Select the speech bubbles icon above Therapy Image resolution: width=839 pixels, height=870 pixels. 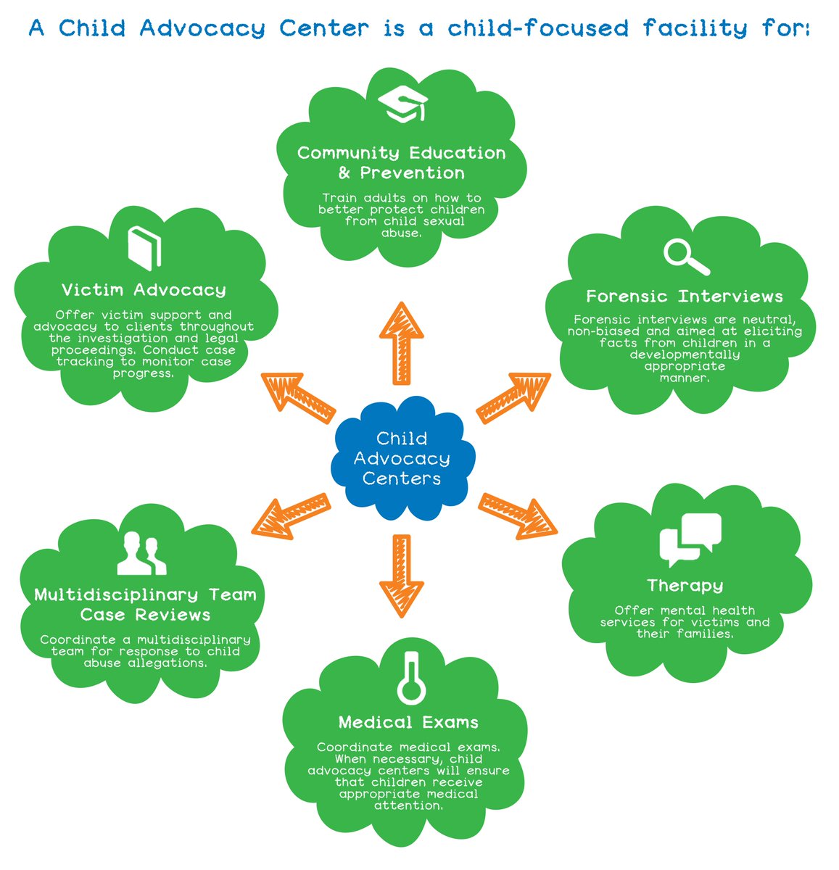[x=690, y=539]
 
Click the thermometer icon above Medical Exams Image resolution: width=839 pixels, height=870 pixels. [x=411, y=676]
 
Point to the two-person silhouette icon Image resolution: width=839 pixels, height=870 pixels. [x=141, y=553]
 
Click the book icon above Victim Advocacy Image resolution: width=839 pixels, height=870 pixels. [x=144, y=248]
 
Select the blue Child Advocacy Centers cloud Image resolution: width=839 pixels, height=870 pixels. [x=402, y=458]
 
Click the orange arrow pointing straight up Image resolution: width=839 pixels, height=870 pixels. [x=401, y=342]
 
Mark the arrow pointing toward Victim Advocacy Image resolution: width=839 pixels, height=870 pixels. [x=297, y=397]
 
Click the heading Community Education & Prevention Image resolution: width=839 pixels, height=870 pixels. [x=401, y=163]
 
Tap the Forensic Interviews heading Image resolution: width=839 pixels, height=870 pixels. [x=685, y=297]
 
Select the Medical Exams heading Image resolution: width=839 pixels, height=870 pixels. [x=408, y=723]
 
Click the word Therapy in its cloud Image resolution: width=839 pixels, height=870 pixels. [x=685, y=585]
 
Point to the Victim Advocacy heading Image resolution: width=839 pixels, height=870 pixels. [x=144, y=290]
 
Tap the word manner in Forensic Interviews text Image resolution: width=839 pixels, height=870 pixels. [x=684, y=378]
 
